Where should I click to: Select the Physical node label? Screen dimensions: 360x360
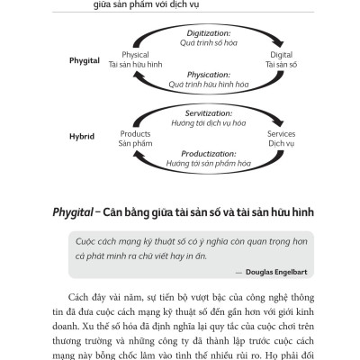129,55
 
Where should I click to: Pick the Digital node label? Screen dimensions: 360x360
281,55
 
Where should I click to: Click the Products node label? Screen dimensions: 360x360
130,132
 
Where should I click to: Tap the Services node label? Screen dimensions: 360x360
281,132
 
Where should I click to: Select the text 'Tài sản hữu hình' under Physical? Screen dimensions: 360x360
129,66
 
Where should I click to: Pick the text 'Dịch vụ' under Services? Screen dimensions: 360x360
281,143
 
